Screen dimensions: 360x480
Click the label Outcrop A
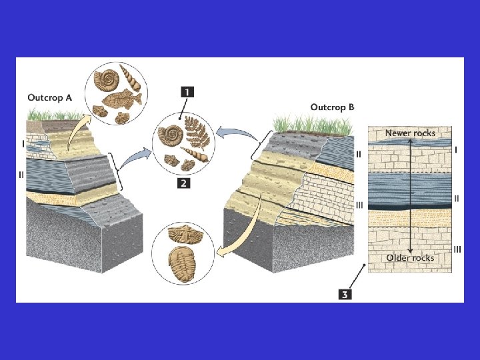pyautogui.click(x=50, y=98)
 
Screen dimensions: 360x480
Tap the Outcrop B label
pyautogui.click(x=333, y=107)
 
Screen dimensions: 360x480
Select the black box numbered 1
pyautogui.click(x=186, y=93)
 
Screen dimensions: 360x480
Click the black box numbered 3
pyautogui.click(x=345, y=293)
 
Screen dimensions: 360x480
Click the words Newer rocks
pyautogui.click(x=410, y=133)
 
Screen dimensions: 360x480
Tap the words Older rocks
pyautogui.click(x=410, y=258)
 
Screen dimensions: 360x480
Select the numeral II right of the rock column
pyautogui.click(x=456, y=198)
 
